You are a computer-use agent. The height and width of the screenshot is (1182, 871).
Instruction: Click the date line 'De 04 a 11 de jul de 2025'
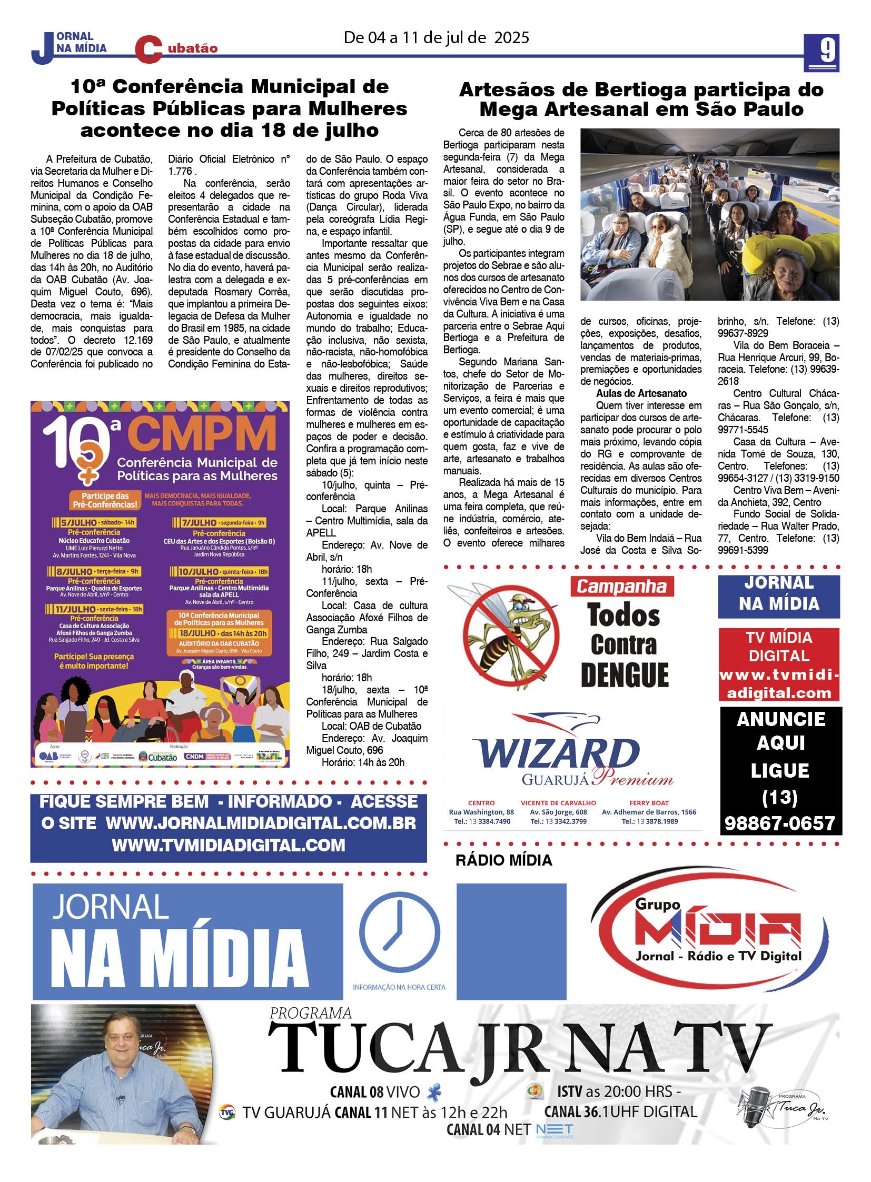[436, 38]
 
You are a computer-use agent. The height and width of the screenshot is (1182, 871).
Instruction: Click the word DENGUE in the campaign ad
[624, 676]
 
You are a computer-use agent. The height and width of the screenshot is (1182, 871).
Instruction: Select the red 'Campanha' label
[621, 586]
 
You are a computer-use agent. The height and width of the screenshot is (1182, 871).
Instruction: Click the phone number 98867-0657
[780, 823]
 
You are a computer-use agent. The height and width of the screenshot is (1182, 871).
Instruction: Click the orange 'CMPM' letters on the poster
[202, 435]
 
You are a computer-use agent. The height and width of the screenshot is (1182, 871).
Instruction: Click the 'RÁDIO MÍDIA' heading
[503, 860]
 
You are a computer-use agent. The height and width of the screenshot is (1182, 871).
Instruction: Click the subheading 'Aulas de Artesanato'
[641, 393]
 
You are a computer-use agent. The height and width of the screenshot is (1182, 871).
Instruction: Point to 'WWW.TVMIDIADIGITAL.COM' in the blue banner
[229, 846]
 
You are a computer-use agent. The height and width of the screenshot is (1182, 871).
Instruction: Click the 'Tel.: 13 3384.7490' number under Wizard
[482, 821]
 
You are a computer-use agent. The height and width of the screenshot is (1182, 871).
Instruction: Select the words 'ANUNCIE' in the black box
[781, 719]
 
